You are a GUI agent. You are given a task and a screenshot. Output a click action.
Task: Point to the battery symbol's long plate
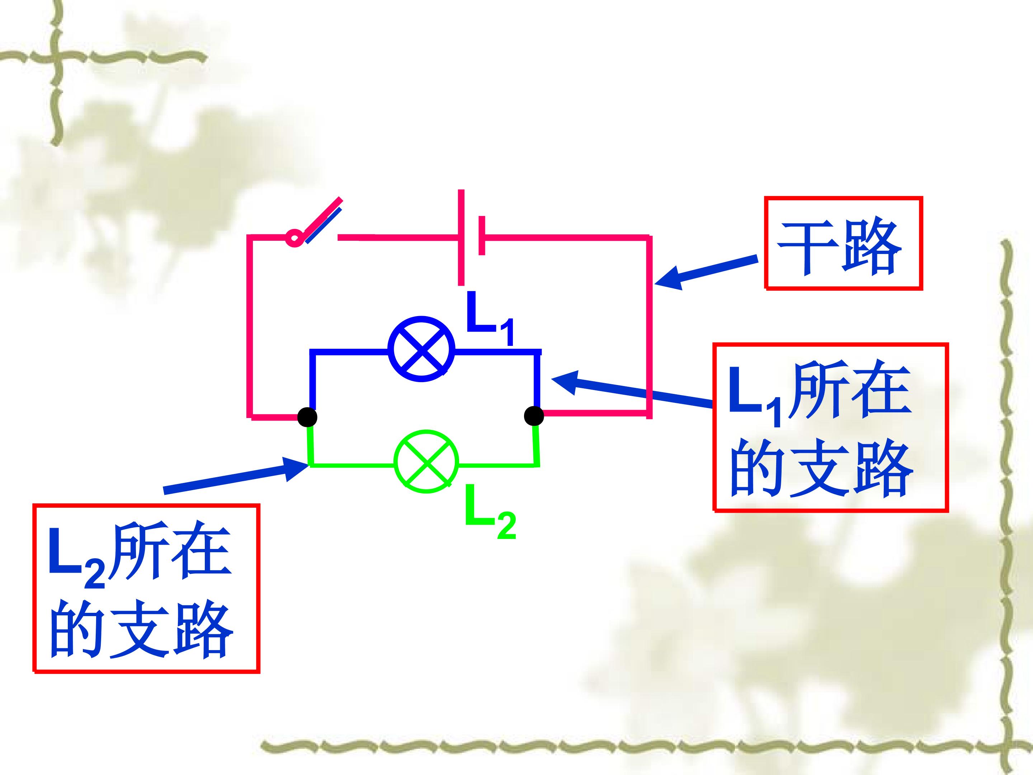[x=461, y=237]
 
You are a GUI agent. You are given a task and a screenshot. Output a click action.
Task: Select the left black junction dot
[x=308, y=416]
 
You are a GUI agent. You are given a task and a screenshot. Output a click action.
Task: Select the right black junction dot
[x=534, y=415]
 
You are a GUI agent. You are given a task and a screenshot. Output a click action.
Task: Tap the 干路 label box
[x=843, y=243]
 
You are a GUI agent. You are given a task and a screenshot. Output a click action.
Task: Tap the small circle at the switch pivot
[x=294, y=238]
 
